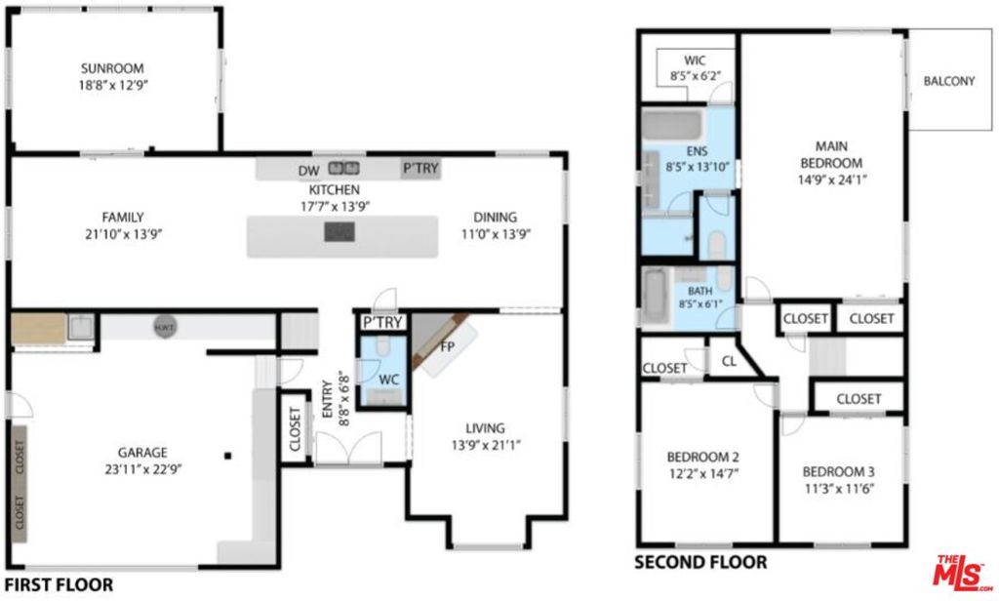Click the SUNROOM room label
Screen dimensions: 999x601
pyautogui.click(x=112, y=68)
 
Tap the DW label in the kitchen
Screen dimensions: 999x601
pyautogui.click(x=308, y=171)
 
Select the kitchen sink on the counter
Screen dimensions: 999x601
pyautogui.click(x=343, y=168)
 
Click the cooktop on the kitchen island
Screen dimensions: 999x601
pyautogui.click(x=340, y=231)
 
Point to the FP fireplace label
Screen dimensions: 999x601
pyautogui.click(x=447, y=346)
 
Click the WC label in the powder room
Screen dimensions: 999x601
pyautogui.click(x=388, y=380)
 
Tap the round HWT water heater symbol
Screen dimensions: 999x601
pyautogui.click(x=164, y=328)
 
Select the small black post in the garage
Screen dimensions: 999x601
pyautogui.click(x=227, y=456)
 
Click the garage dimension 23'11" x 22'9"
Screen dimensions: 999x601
pyautogui.click(x=142, y=469)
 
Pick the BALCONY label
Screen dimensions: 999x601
pyautogui.click(x=948, y=81)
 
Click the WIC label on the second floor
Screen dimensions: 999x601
pyautogui.click(x=695, y=60)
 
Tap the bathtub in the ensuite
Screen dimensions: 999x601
pyautogui.click(x=671, y=124)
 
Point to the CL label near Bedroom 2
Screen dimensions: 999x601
pyautogui.click(x=729, y=361)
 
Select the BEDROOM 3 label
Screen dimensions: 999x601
pyautogui.click(x=838, y=472)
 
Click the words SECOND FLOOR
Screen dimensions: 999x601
pyautogui.click(x=700, y=562)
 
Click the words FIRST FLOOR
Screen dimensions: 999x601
pyautogui.click(x=59, y=584)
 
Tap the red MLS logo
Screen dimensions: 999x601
pyautogui.click(x=961, y=573)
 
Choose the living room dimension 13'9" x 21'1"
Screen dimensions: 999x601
pyautogui.click(x=486, y=445)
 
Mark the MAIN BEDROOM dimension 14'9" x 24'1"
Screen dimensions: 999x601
pyautogui.click(x=832, y=180)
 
